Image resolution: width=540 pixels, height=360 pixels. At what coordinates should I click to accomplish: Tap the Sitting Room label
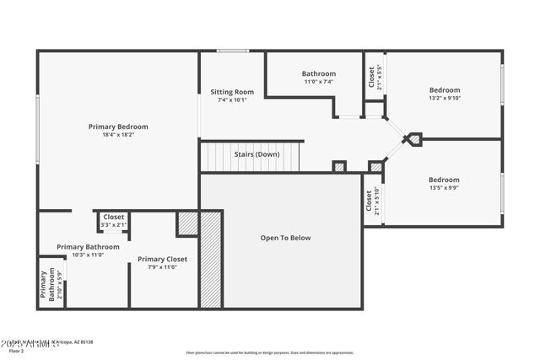click(x=232, y=92)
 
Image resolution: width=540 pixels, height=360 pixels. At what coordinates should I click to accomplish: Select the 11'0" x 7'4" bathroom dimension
click(x=319, y=82)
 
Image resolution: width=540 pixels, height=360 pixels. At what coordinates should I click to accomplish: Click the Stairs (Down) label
click(x=256, y=154)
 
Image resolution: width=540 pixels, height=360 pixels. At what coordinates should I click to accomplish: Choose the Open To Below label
click(x=284, y=238)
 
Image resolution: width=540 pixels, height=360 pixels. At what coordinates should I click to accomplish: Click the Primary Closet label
click(x=162, y=259)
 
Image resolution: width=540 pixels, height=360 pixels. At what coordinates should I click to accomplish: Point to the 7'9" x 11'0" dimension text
click(x=162, y=267)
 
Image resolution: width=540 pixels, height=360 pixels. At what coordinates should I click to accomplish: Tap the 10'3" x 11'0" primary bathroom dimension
click(x=88, y=255)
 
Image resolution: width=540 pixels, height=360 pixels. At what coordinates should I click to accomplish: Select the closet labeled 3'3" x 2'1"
click(x=113, y=225)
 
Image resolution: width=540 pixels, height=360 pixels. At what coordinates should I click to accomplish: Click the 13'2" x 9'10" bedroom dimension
click(x=445, y=98)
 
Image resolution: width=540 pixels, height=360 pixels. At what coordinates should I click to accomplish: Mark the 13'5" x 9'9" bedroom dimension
click(x=444, y=187)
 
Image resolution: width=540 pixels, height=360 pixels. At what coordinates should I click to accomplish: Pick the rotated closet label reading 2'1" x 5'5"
click(x=379, y=78)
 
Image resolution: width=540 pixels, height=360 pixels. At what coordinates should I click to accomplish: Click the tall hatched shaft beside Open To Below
click(x=210, y=260)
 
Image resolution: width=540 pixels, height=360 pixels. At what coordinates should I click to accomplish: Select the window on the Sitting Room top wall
click(x=232, y=51)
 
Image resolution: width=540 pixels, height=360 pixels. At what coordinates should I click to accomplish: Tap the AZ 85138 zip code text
click(x=83, y=342)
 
